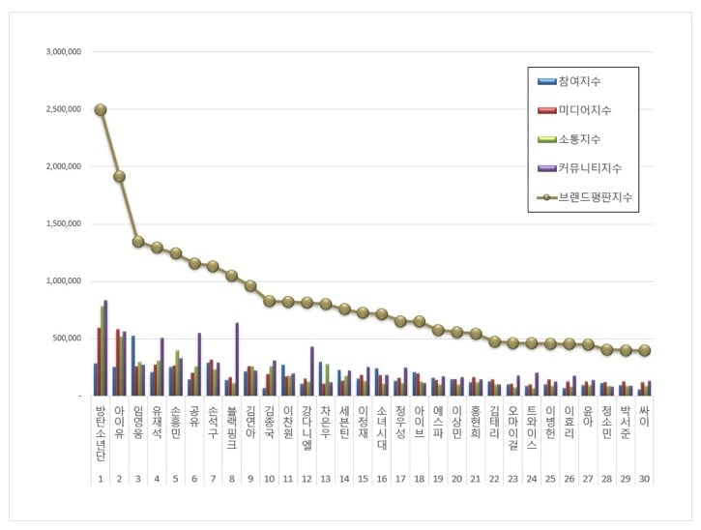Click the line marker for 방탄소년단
pyautogui.click(x=101, y=109)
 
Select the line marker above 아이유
pyautogui.click(x=119, y=177)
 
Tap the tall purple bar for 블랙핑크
pyautogui.click(x=237, y=359)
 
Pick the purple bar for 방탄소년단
pyautogui.click(x=105, y=348)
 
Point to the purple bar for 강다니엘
pyautogui.click(x=312, y=370)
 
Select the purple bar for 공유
pyautogui.click(x=199, y=364)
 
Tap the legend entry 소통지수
pyautogui.click(x=585, y=139)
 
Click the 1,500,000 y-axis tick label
pyautogui.click(x=64, y=223)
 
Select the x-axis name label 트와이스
pyautogui.click(x=532, y=427)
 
